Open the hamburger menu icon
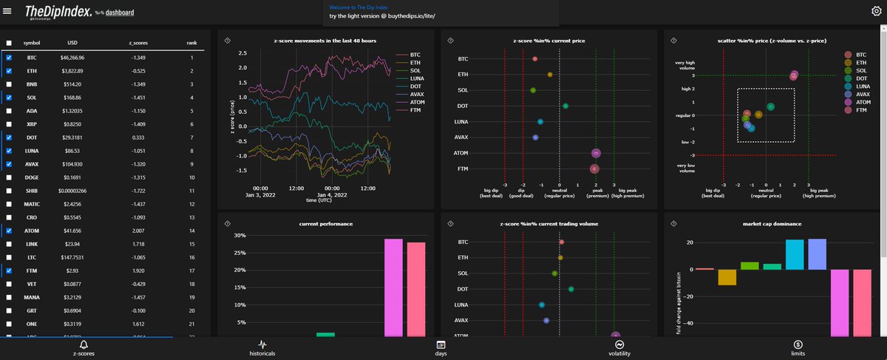coord(8,12)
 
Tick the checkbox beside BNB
coord(9,84)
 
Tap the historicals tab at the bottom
coord(262,349)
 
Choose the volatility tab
coord(619,349)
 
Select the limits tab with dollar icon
coord(798,349)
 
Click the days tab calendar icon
coord(441,344)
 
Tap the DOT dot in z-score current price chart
coord(565,106)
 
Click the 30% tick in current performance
coord(239,236)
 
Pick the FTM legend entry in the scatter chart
coord(857,110)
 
